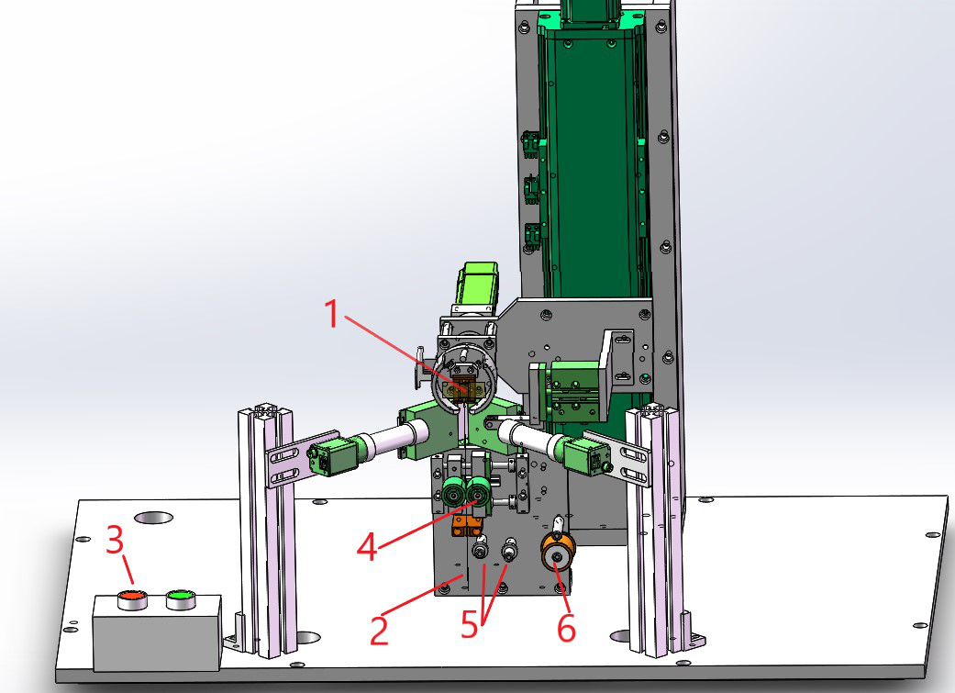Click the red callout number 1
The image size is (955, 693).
pos(332,314)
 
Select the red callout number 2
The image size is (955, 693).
pos(379,631)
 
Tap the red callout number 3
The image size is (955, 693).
pos(115,540)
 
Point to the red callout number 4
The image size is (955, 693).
pos(367,546)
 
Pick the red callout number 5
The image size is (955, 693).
pos(469,624)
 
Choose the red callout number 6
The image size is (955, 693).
pos(566,628)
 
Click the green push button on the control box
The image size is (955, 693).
pos(181,598)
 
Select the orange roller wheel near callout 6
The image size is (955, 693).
pos(557,551)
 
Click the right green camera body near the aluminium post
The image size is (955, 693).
pos(586,455)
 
